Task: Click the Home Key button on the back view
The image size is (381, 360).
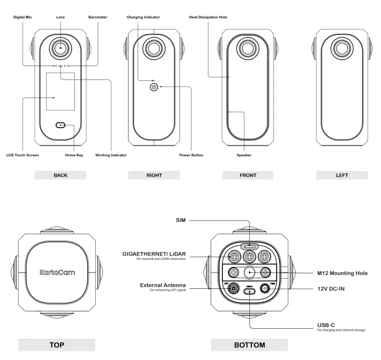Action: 61,125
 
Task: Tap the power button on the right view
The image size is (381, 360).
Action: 154,88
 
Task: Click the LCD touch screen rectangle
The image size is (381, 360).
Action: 60,91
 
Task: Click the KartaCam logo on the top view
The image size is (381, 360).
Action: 57,272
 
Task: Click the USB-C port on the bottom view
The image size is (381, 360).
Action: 249,291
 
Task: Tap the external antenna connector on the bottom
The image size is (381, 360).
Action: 234,288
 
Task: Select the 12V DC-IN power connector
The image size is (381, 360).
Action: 266,288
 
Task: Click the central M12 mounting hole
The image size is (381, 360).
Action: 249,272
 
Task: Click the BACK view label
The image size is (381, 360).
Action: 60,175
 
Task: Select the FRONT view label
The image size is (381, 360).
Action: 248,175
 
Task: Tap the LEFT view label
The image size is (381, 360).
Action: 342,175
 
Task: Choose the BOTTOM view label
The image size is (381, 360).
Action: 249,345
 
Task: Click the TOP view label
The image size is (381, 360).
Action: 57,345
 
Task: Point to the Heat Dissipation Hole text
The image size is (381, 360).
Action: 208,17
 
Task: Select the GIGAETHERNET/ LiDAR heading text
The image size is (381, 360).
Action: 154,253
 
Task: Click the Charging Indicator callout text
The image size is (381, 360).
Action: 143,17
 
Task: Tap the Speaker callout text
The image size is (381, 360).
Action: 244,155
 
